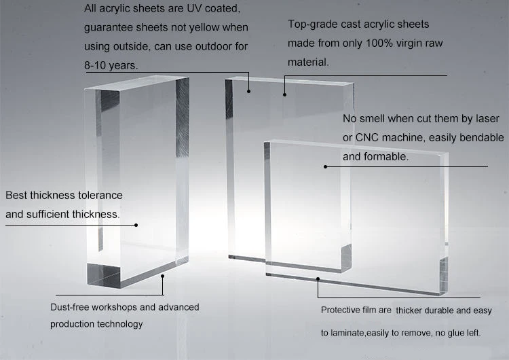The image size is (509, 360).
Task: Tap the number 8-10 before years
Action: pyautogui.click(x=98, y=66)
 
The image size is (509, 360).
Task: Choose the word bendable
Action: pyautogui.click(x=482, y=138)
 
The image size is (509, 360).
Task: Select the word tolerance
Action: pyautogui.click(x=98, y=196)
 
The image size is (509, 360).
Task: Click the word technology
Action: pyautogui.click(x=120, y=324)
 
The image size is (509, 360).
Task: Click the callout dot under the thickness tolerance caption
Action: pyautogui.click(x=136, y=225)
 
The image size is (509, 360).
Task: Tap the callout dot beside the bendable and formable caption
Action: pyautogui.click(x=325, y=166)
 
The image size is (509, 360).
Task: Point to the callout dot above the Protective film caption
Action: pyautogui.click(x=318, y=278)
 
